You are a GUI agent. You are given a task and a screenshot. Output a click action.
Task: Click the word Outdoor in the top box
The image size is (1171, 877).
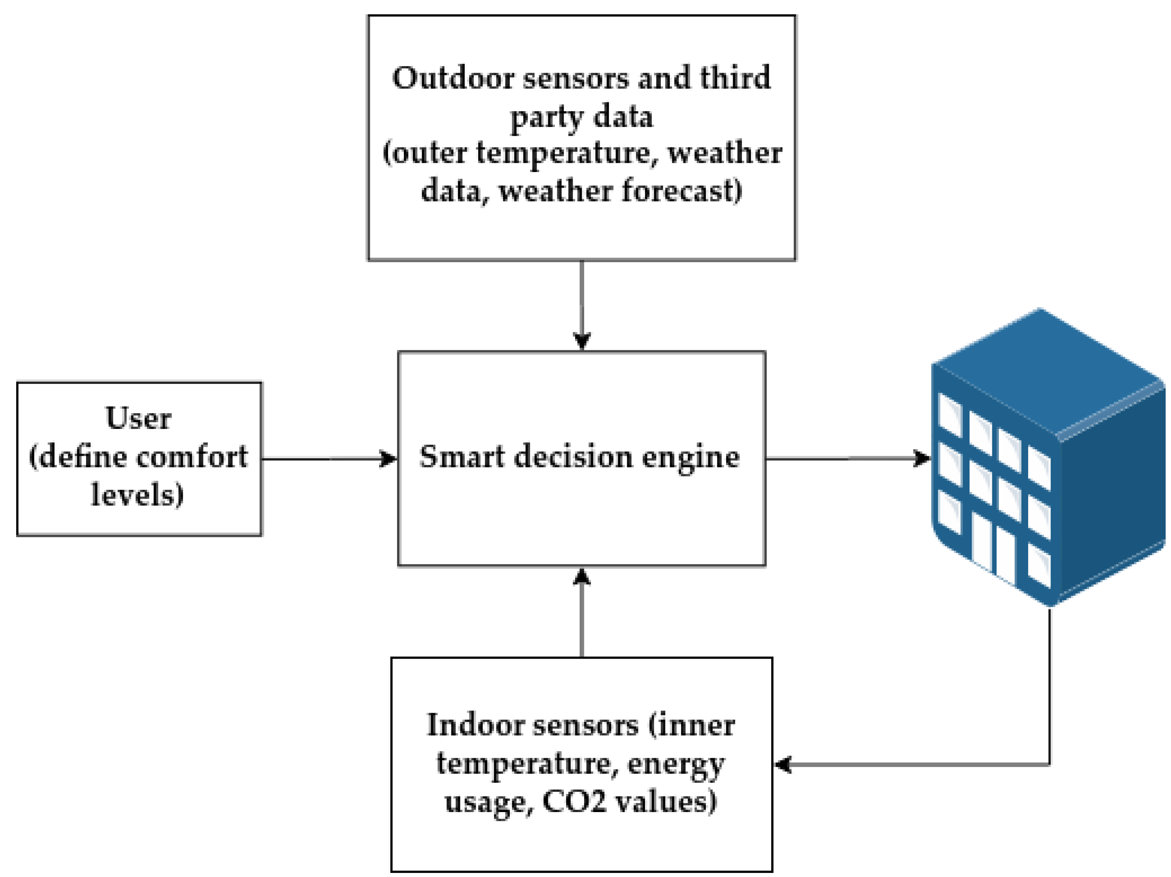pyautogui.click(x=453, y=78)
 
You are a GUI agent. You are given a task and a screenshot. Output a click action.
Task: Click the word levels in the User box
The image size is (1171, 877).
pyautogui.click(x=136, y=494)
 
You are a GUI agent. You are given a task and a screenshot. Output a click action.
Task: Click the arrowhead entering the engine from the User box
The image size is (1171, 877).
pyautogui.click(x=390, y=458)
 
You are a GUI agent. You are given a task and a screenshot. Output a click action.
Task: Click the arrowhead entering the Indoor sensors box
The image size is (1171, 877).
pyautogui.click(x=783, y=764)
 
